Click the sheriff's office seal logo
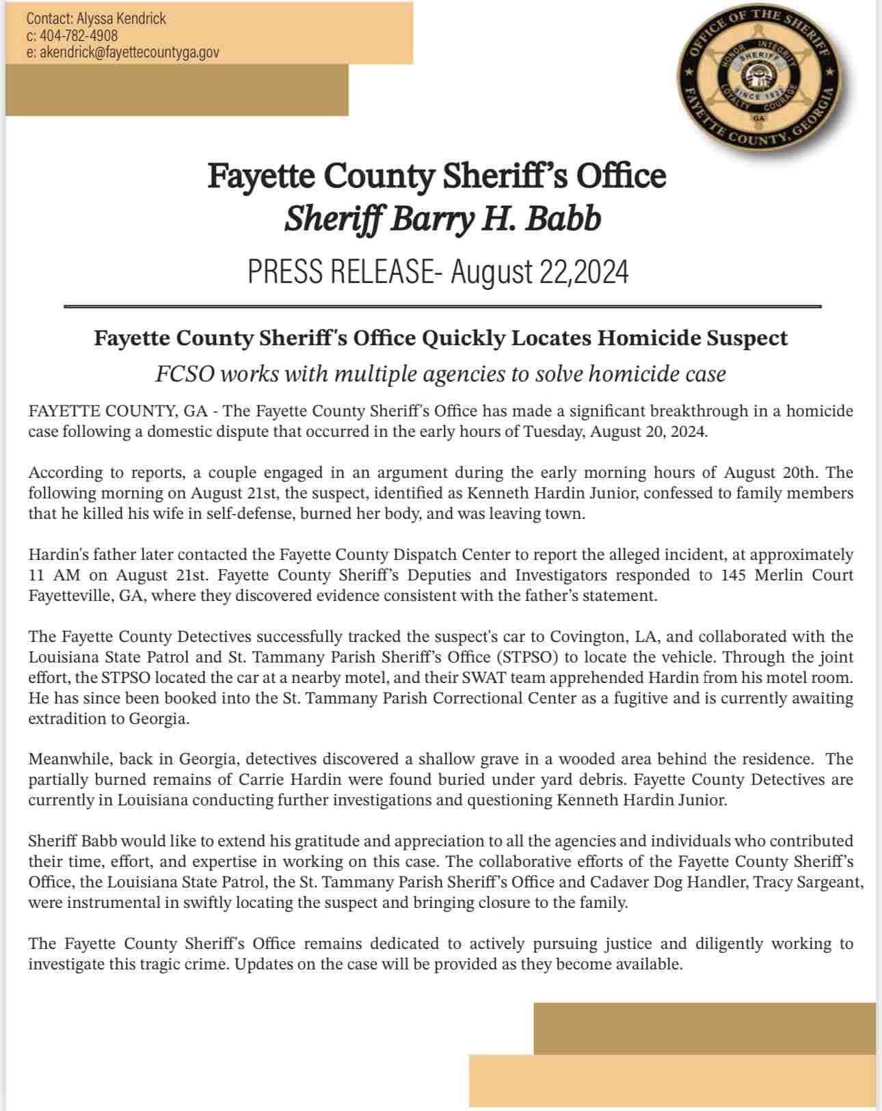758,77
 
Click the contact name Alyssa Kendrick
121,18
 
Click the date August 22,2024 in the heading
539,272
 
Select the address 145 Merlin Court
787,575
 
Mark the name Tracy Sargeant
808,882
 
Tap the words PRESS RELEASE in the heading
340,272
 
